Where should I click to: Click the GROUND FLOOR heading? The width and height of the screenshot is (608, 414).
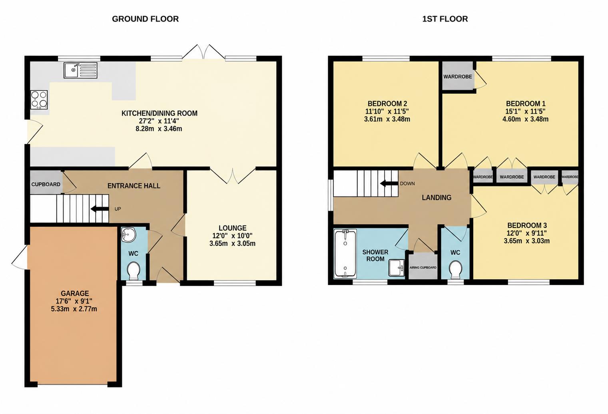[145, 19]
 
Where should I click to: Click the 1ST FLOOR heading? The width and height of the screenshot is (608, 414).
[445, 19]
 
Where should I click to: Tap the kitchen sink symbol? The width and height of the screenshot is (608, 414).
[81, 70]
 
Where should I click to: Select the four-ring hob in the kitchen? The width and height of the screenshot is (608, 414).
[39, 100]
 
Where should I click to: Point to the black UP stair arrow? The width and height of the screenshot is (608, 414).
[100, 209]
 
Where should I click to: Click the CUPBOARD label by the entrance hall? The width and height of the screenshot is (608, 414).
[46, 184]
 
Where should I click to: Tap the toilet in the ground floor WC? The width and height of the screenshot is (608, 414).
[133, 271]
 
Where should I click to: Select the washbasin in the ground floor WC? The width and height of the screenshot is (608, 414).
[128, 235]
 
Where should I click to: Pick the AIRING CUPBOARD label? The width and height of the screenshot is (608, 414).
[423, 267]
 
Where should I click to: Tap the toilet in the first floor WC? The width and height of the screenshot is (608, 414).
[455, 270]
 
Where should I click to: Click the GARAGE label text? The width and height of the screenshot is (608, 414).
[75, 293]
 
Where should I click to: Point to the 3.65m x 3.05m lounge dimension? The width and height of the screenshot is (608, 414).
[232, 243]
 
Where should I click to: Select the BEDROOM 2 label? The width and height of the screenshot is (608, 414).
[387, 104]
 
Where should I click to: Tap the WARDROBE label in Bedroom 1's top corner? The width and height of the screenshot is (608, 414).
[458, 76]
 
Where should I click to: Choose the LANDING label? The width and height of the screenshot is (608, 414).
[437, 198]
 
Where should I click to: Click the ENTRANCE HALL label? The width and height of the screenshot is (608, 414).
[134, 186]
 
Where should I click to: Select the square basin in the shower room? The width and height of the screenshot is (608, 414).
[397, 268]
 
